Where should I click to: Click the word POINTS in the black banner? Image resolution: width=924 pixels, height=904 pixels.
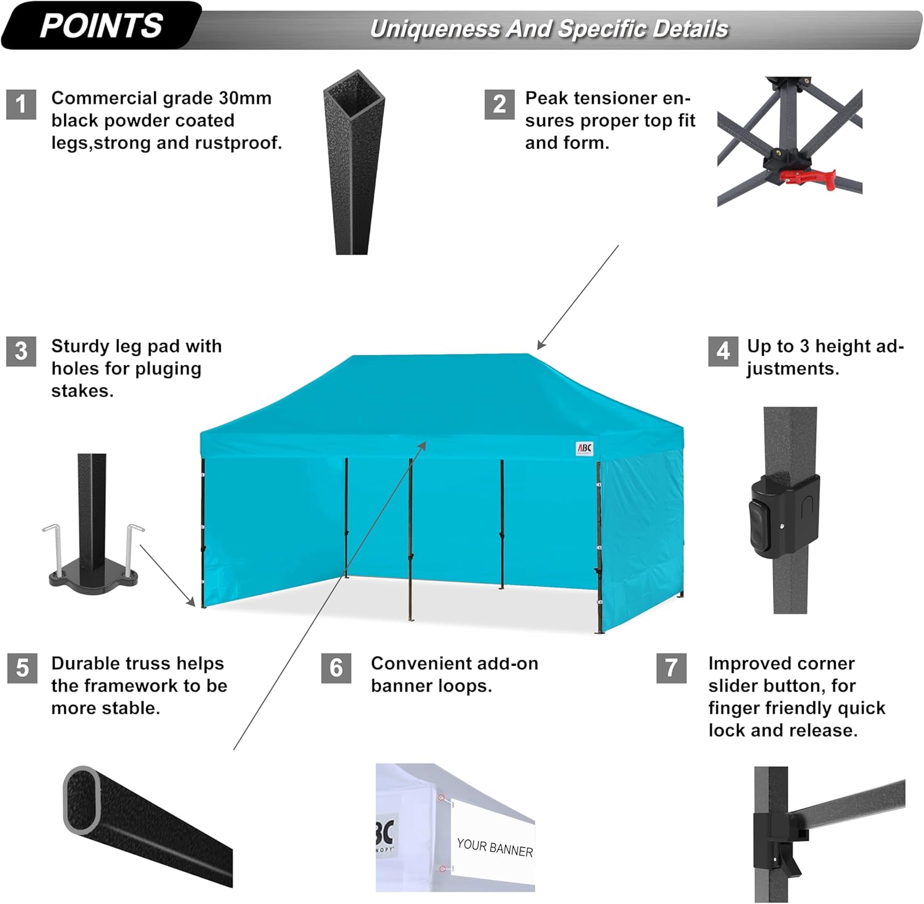pyautogui.click(x=101, y=26)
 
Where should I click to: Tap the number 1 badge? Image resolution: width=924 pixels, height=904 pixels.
pyautogui.click(x=21, y=104)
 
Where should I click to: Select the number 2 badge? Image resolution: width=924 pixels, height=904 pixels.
pyautogui.click(x=499, y=104)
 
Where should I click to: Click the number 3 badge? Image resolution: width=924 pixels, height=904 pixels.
pyautogui.click(x=21, y=351)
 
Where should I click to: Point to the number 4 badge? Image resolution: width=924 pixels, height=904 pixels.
pyautogui.click(x=723, y=351)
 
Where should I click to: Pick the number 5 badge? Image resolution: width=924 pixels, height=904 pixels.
pyautogui.click(x=22, y=668)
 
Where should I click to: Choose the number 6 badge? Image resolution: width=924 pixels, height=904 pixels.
pyautogui.click(x=336, y=668)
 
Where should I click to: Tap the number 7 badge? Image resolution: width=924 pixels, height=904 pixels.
pyautogui.click(x=671, y=668)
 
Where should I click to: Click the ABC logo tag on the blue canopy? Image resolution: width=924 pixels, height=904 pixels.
pyautogui.click(x=584, y=448)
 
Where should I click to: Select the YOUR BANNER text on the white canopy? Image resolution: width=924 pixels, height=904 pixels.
pyautogui.click(x=495, y=847)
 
